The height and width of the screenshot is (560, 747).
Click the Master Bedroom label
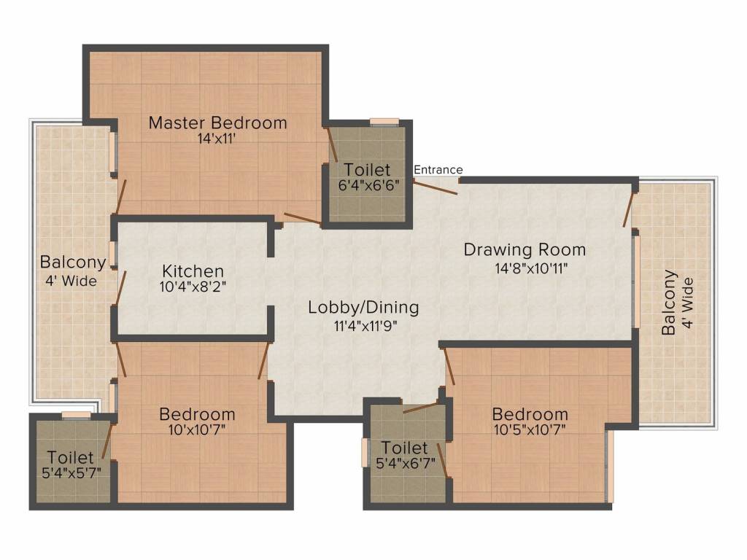pyautogui.click(x=217, y=122)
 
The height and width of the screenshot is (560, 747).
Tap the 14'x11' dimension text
pyautogui.click(x=217, y=139)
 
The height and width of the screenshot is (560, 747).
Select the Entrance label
pyautogui.click(x=438, y=169)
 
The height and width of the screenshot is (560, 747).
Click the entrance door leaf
pyautogui.click(x=436, y=187)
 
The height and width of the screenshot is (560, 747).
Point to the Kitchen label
pyautogui.click(x=193, y=271)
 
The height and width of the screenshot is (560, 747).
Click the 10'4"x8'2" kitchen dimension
pyautogui.click(x=193, y=287)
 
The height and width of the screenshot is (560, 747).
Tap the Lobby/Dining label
pyautogui.click(x=363, y=307)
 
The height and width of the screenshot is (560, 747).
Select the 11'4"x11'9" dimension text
pyautogui.click(x=365, y=326)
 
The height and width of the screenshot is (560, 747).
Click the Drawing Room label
pyautogui.click(x=525, y=249)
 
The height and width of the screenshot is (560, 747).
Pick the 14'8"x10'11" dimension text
pyautogui.click(x=531, y=269)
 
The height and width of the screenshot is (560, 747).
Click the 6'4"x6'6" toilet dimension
pyautogui.click(x=368, y=184)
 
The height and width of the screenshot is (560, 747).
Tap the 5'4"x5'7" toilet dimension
pyautogui.click(x=71, y=472)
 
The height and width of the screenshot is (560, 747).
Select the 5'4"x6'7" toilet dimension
pyautogui.click(x=406, y=463)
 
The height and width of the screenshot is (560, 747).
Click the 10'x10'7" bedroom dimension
pyautogui.click(x=197, y=430)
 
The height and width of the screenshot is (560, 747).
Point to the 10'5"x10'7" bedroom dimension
pyautogui.click(x=530, y=430)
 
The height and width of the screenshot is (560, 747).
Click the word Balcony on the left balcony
pyautogui.click(x=73, y=262)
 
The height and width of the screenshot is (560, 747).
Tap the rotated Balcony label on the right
pyautogui.click(x=669, y=303)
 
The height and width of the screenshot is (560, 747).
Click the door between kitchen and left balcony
pyautogui.click(x=120, y=288)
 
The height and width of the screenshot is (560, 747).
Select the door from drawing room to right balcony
pyautogui.click(x=629, y=209)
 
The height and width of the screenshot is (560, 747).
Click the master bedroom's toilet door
pyautogui.click(x=332, y=144)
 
